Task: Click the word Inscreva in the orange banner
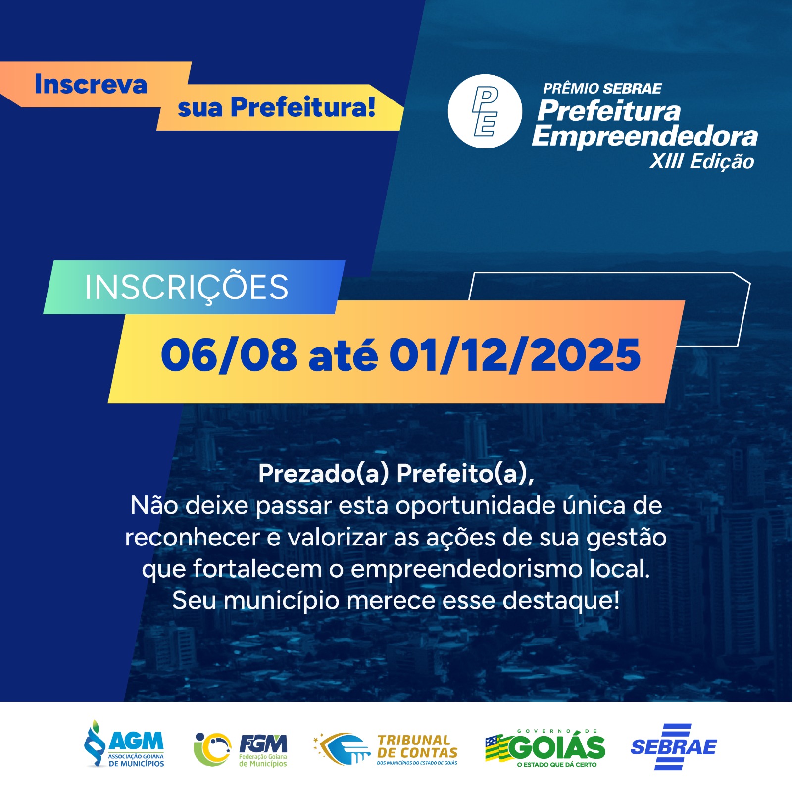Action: click(91, 84)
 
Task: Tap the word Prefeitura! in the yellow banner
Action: click(303, 107)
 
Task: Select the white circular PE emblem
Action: click(485, 111)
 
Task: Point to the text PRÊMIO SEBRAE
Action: click(602, 88)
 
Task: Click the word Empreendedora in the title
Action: click(645, 136)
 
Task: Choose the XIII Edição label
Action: click(702, 161)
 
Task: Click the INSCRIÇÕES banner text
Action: click(187, 288)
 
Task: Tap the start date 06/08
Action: click(229, 355)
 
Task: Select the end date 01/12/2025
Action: click(515, 355)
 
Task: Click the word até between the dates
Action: click(343, 355)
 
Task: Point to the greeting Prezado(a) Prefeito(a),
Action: click(396, 474)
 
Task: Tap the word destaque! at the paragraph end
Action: click(561, 601)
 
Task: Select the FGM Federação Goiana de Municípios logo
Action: click(241, 749)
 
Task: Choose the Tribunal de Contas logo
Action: click(386, 749)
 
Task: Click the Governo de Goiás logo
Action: click(545, 748)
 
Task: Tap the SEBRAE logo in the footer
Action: click(673, 747)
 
